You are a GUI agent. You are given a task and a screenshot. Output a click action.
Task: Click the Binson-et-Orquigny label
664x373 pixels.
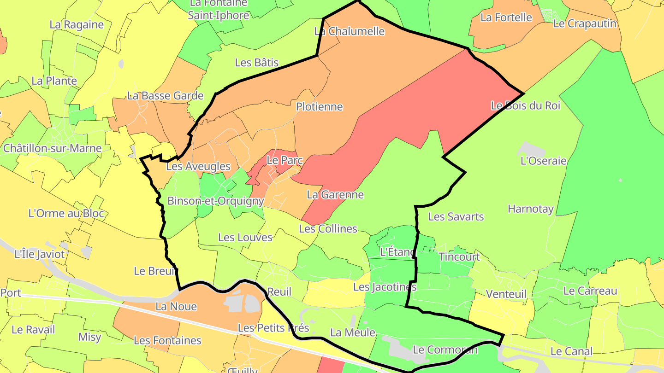pyautogui.click(x=215, y=201)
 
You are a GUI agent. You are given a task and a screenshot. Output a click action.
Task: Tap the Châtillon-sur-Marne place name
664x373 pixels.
pyautogui.click(x=52, y=148)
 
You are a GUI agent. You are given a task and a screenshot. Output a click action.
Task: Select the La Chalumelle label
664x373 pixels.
pyautogui.click(x=350, y=31)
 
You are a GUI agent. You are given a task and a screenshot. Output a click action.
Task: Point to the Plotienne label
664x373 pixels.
pyautogui.click(x=319, y=107)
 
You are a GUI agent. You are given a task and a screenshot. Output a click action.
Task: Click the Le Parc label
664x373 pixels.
pyautogui.click(x=285, y=161)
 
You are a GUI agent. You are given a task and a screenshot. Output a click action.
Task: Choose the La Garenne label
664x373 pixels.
pyautogui.click(x=335, y=195)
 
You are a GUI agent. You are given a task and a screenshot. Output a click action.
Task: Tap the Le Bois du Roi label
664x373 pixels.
pyautogui.click(x=525, y=105)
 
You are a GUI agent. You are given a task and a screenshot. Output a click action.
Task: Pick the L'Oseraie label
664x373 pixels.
pyautogui.click(x=543, y=161)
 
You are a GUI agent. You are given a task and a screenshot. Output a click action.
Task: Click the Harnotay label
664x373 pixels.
pyautogui.click(x=530, y=209)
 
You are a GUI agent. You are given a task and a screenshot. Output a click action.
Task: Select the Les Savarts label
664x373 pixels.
pyautogui.click(x=456, y=216)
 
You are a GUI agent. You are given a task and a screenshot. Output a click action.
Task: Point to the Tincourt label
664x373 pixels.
pyautogui.click(x=459, y=257)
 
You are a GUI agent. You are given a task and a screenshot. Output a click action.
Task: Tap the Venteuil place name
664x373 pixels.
pyautogui.click(x=506, y=294)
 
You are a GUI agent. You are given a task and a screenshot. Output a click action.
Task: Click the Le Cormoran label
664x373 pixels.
pyautogui.click(x=445, y=350)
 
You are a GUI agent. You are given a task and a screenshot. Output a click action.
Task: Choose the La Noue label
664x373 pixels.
pyautogui.click(x=176, y=307)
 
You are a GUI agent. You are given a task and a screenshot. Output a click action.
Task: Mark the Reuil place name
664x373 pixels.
pyautogui.click(x=279, y=292)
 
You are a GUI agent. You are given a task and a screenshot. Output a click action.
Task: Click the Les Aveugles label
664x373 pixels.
pyautogui.click(x=198, y=167)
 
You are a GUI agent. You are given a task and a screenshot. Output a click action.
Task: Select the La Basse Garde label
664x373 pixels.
pyautogui.click(x=165, y=96)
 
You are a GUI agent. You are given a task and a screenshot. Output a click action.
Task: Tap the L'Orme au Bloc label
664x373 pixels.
pyautogui.click(x=66, y=214)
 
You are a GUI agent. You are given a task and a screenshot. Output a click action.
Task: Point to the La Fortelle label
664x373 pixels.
pyautogui.click(x=506, y=17)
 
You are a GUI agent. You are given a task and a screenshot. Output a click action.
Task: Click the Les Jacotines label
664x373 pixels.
pyautogui.click(x=385, y=287)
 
